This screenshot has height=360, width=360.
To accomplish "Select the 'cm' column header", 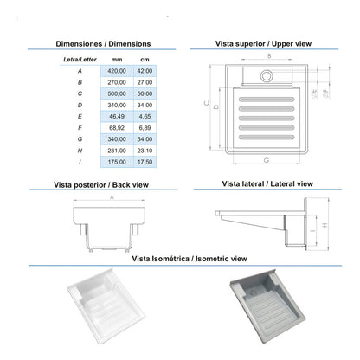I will pyautogui.click(x=145, y=57).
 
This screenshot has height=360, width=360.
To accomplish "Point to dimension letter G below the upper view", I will pyautogui.click(x=267, y=161).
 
